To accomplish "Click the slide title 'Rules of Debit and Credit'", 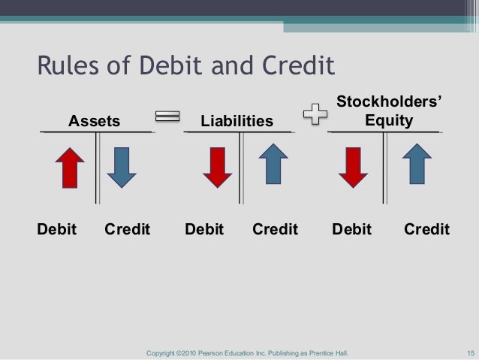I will tap(185, 66).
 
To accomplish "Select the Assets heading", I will tap(95, 120).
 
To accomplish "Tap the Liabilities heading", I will tap(236, 120).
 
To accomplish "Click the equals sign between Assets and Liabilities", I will tap(167, 116).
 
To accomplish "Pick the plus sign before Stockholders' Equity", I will tap(314, 115).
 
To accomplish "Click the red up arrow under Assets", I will tap(69, 168).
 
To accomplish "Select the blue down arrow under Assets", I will tap(122, 168).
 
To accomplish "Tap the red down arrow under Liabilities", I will tap(218, 167).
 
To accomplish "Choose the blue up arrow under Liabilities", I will tap(274, 164).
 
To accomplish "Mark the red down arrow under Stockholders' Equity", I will tap(353, 167).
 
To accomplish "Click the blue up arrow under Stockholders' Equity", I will tap(417, 164).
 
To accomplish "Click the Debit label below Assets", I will tap(57, 229).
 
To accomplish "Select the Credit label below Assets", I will tap(127, 229).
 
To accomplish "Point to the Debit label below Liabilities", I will tap(204, 229).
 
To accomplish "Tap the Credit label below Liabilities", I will tap(275, 229).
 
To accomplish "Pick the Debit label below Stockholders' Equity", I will tap(351, 229).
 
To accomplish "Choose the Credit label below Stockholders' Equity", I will tap(426, 229).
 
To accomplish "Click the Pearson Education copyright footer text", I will tap(248, 352).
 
